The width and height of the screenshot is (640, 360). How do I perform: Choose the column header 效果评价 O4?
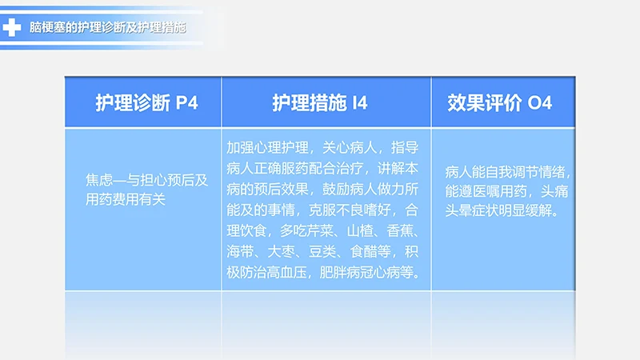(500, 102)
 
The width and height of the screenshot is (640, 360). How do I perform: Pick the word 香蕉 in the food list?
(402, 231)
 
